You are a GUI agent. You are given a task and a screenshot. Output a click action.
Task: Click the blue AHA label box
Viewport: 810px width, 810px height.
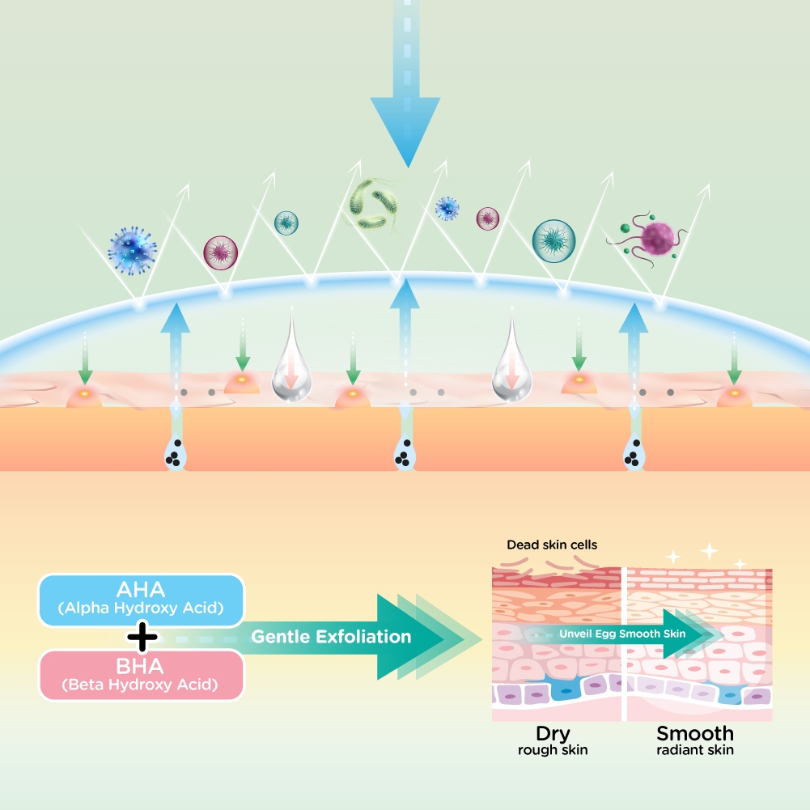(142, 600)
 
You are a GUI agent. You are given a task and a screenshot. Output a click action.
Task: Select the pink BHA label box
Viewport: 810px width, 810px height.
(142, 675)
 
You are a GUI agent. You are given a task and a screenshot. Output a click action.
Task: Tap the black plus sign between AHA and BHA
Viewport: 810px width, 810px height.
(142, 638)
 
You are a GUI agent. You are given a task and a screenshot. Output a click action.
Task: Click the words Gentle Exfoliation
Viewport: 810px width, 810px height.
(330, 637)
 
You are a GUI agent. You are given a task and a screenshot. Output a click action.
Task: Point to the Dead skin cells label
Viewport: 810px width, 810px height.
(552, 545)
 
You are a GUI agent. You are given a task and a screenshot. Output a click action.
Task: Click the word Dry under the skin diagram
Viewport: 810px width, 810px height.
(553, 734)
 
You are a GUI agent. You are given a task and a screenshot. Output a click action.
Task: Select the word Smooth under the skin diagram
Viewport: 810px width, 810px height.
(695, 734)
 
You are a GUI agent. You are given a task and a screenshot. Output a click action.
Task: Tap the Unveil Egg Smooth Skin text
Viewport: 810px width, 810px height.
(622, 634)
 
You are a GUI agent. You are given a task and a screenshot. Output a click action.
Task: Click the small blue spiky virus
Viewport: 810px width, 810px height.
(447, 209)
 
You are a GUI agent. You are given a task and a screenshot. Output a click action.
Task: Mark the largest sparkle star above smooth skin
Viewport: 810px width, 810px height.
(710, 551)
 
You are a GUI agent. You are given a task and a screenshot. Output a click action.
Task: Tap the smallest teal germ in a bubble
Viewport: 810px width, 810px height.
(286, 221)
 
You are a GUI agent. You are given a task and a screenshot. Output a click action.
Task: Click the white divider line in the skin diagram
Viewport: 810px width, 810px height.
(625, 643)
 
